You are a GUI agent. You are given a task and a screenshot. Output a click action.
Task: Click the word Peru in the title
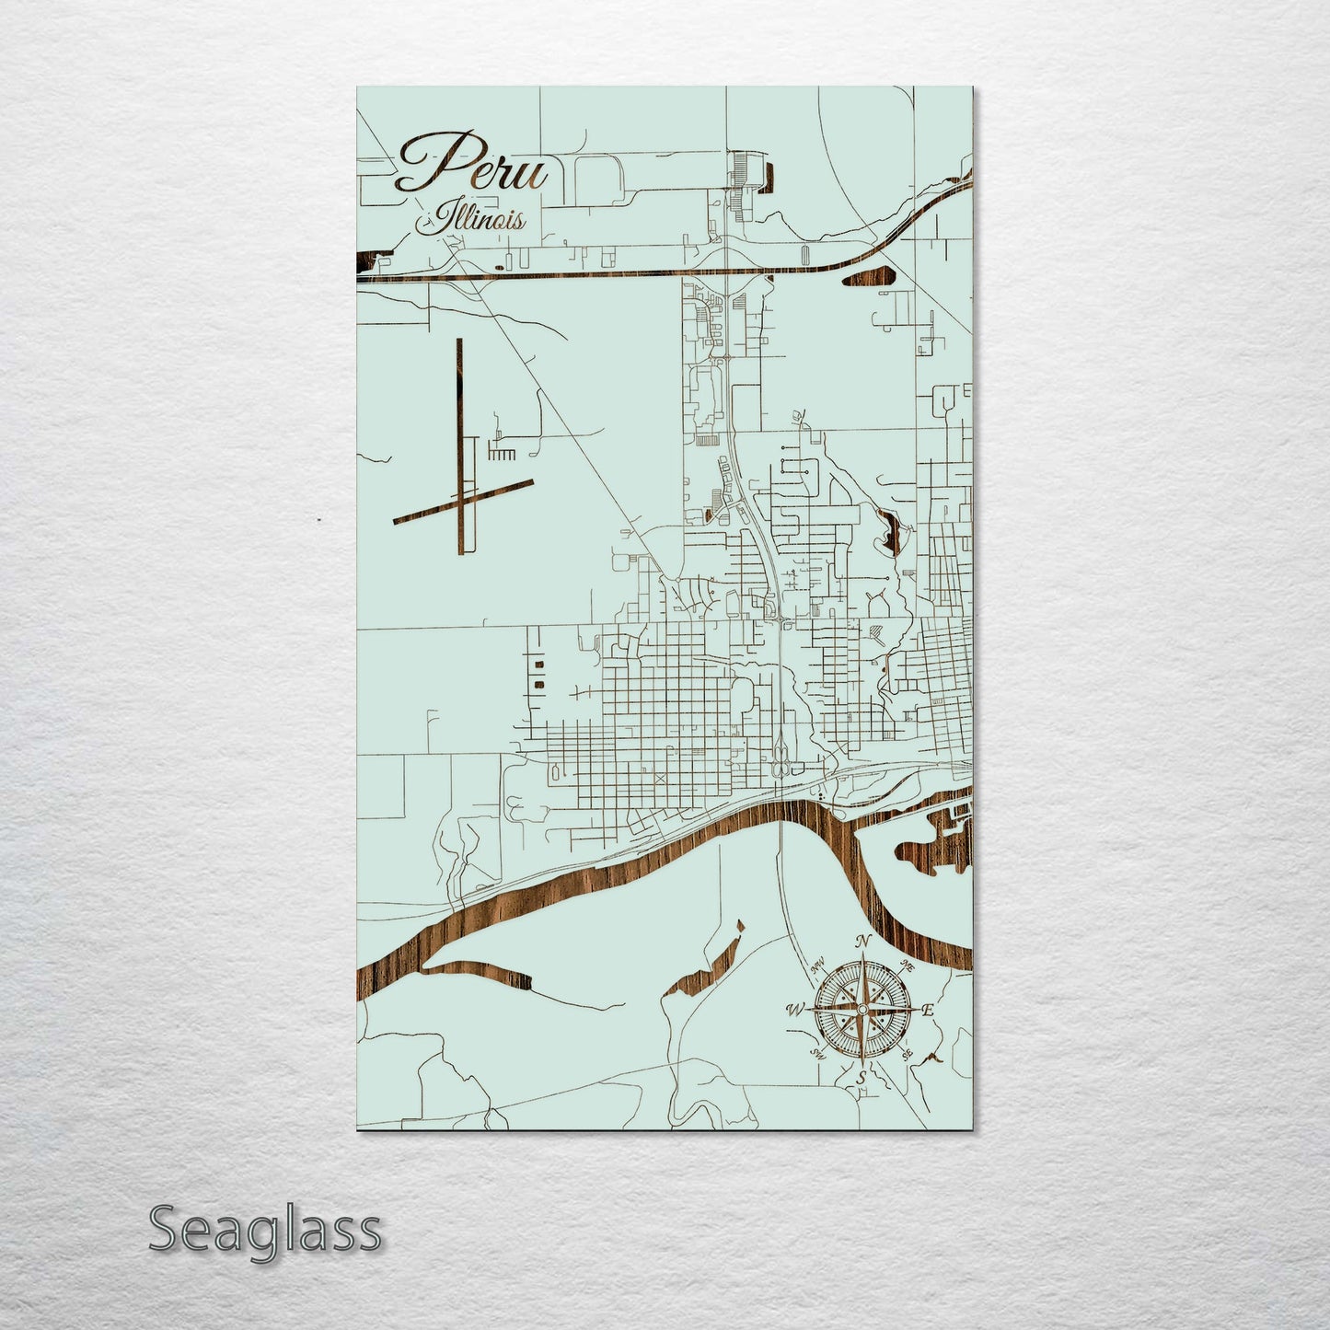(472, 166)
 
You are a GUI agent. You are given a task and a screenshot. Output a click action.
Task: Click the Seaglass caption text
(264, 1230)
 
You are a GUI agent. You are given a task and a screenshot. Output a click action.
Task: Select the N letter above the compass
(862, 942)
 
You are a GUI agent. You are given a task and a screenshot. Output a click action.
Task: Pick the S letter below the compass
(862, 1076)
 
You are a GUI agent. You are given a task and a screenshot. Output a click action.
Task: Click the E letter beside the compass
(928, 1010)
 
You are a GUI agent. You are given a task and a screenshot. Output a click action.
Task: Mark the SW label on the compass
(816, 1052)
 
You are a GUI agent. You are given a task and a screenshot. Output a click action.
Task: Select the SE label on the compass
(908, 1052)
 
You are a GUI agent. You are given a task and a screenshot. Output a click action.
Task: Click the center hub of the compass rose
(861, 1010)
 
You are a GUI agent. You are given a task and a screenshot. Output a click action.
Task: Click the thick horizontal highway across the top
(598, 273)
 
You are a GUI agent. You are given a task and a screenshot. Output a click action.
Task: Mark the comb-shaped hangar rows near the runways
(503, 454)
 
